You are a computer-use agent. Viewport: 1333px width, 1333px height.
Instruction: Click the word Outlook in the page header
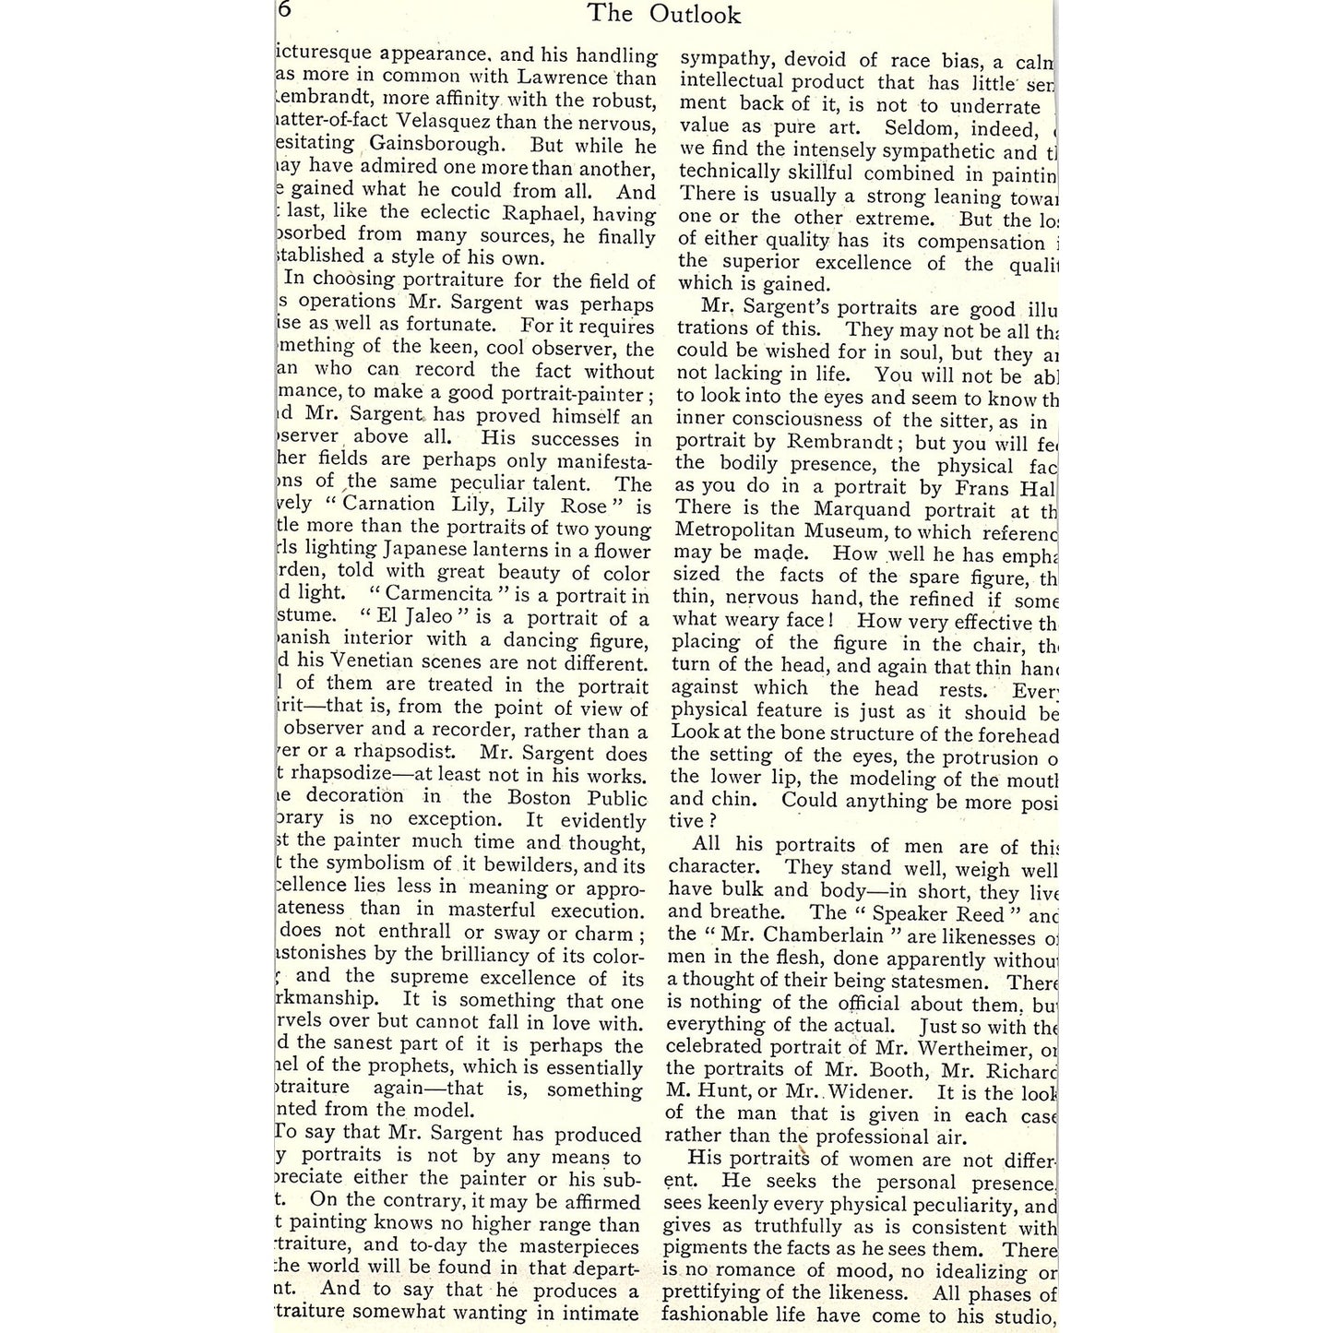click(x=695, y=14)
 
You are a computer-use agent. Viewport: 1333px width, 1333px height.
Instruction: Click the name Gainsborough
click(x=437, y=145)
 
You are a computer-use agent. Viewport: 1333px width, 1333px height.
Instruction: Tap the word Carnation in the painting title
click(x=389, y=505)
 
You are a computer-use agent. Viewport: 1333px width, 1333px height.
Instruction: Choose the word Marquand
click(x=863, y=509)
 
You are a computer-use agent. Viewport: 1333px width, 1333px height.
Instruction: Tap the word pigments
click(x=709, y=1250)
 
